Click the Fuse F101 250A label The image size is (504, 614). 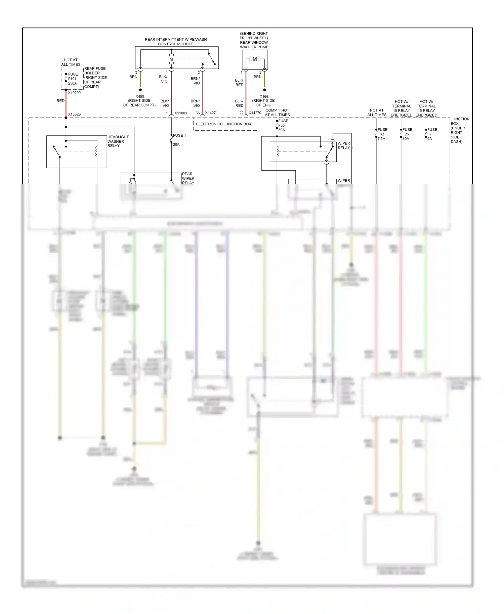click(x=73, y=79)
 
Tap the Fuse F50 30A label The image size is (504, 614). click(x=283, y=125)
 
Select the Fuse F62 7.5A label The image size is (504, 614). click(x=382, y=134)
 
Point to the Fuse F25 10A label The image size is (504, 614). click(x=407, y=134)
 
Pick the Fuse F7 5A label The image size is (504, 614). click(x=432, y=134)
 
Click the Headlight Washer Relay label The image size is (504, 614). click(x=118, y=141)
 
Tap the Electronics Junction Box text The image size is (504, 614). click(x=223, y=124)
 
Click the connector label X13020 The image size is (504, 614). click(x=74, y=114)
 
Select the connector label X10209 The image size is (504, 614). click(x=74, y=93)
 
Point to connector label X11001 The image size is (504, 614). click(x=181, y=113)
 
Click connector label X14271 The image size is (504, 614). click(x=211, y=113)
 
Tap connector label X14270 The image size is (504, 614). click(x=255, y=113)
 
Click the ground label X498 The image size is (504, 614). click(x=140, y=97)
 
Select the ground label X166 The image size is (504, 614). click(x=264, y=97)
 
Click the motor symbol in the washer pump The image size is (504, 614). click(x=255, y=59)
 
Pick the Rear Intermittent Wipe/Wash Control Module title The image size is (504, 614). click(x=176, y=42)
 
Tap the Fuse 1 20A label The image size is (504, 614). click(x=179, y=140)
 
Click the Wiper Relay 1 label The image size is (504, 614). click(x=345, y=145)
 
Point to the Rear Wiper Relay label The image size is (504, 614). click(x=188, y=178)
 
